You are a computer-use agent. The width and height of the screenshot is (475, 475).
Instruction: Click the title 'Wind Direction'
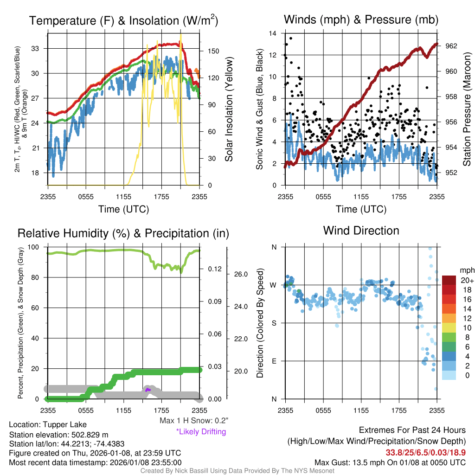click(x=361, y=231)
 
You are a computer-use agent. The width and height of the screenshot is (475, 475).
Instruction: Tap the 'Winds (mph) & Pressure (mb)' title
click(x=361, y=20)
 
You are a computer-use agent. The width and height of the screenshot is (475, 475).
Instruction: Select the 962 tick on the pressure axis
click(x=451, y=46)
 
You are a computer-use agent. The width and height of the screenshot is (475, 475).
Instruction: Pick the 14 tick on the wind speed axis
click(x=273, y=33)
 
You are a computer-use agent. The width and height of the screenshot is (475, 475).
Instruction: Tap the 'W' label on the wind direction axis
click(x=274, y=285)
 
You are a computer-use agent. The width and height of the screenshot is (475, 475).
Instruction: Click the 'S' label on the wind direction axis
click(x=274, y=323)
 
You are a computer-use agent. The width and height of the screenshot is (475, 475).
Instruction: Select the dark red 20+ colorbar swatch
click(x=449, y=280)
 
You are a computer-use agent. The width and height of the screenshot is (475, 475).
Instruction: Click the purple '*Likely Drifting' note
click(x=201, y=432)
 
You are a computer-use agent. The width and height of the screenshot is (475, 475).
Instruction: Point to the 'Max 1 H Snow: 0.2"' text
click(x=194, y=421)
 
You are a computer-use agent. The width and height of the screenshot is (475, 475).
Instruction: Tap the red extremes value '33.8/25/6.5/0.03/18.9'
click(x=426, y=452)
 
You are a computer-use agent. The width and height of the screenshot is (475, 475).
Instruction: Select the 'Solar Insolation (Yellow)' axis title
click(x=229, y=109)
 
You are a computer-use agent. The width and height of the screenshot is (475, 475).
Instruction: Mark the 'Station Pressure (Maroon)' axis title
click(x=467, y=109)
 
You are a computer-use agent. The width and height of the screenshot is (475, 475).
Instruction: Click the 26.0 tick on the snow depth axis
click(x=241, y=274)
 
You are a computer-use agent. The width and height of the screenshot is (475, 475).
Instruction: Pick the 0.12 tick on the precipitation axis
click(x=214, y=269)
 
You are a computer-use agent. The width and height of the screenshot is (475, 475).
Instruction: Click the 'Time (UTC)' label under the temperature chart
click(x=123, y=209)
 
